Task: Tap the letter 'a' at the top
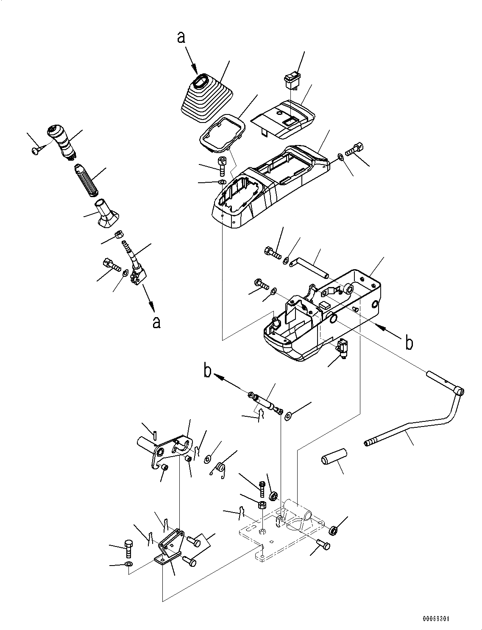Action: click(x=181, y=38)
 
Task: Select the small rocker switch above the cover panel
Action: click(x=292, y=79)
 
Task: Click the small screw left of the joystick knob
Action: click(x=36, y=150)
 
